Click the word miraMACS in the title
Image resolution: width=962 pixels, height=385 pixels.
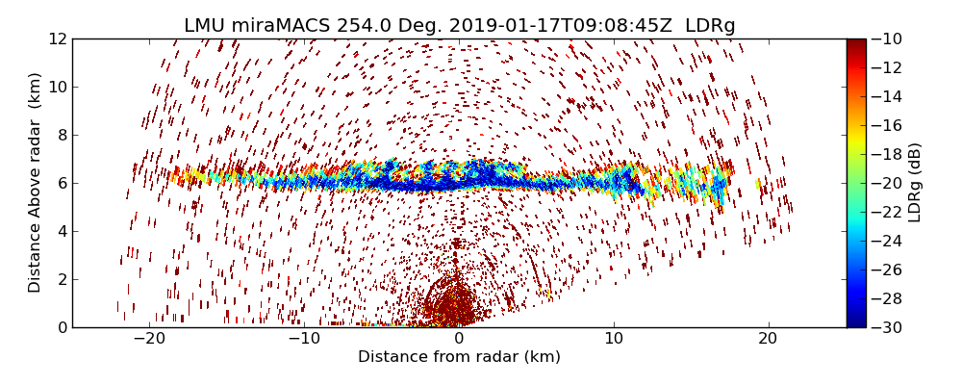click(282, 26)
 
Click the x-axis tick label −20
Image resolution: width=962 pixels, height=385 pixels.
click(149, 339)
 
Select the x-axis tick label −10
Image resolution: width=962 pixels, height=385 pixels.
click(304, 339)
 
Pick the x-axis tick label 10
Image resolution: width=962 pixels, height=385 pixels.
click(613, 339)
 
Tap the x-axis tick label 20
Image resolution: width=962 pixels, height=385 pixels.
click(768, 339)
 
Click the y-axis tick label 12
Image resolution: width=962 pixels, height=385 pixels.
click(57, 38)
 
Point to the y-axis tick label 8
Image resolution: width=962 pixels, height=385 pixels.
click(62, 135)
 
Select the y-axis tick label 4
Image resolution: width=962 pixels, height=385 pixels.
click(62, 231)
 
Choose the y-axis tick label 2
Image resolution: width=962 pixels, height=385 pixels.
click(62, 279)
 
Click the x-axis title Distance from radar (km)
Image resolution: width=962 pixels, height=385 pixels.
click(459, 357)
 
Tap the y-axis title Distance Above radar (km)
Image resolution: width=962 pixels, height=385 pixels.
click(36, 183)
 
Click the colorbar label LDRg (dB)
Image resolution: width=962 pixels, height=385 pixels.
click(915, 183)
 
